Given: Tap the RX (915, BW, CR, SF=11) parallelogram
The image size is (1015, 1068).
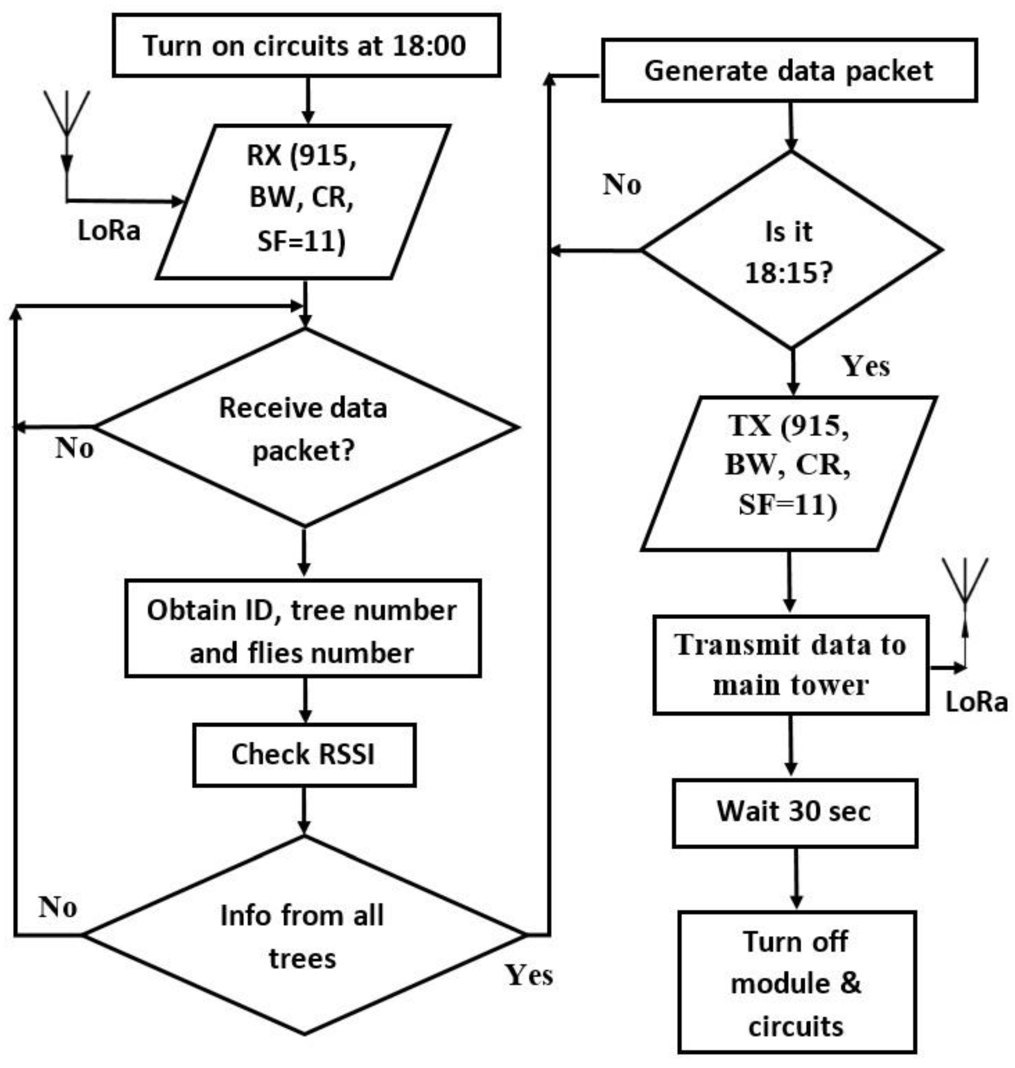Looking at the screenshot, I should [303, 201].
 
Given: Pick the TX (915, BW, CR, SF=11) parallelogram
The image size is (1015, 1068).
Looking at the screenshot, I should [788, 473].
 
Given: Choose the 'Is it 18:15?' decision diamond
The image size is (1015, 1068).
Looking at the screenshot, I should [791, 250].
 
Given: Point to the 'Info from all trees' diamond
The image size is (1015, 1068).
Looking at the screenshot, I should [304, 936].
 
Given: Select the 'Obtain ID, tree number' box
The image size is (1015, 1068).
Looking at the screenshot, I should [303, 629].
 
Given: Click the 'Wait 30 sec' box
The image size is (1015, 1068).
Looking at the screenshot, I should [794, 813].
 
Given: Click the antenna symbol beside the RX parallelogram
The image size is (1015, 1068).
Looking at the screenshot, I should [67, 114].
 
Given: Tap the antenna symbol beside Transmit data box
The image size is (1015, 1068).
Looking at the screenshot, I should [965, 581].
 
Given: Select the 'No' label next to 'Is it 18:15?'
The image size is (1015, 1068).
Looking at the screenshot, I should [622, 184].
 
